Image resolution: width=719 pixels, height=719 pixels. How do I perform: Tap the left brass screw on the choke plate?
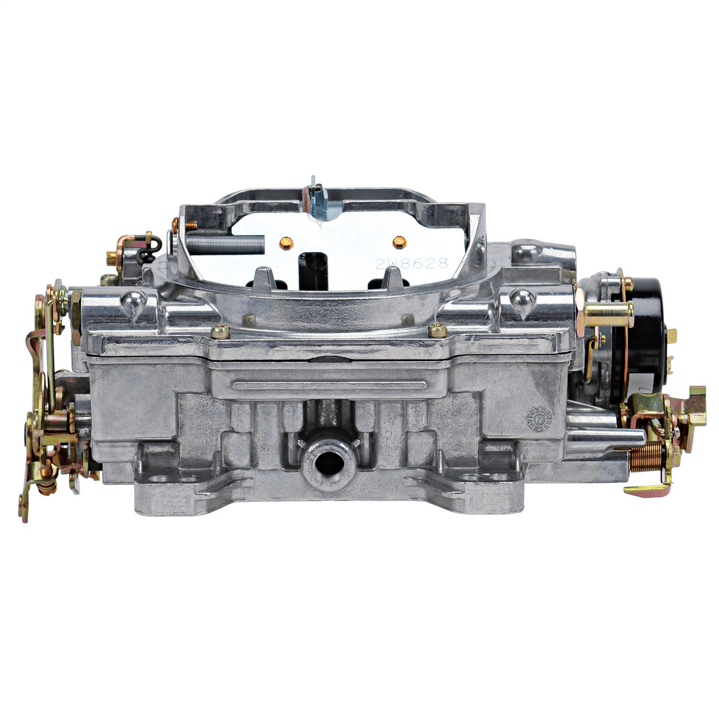tap(286, 243)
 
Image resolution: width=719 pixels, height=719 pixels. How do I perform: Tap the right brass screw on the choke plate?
tap(399, 242)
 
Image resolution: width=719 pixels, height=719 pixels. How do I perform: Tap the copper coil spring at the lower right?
tap(646, 456)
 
